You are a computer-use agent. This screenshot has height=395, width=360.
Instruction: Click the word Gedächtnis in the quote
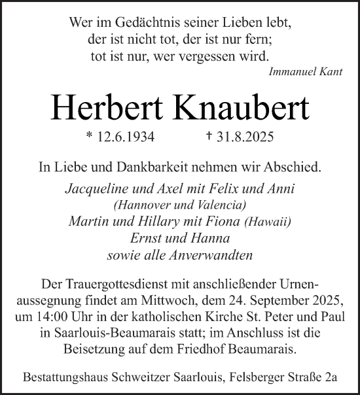tap(139, 23)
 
